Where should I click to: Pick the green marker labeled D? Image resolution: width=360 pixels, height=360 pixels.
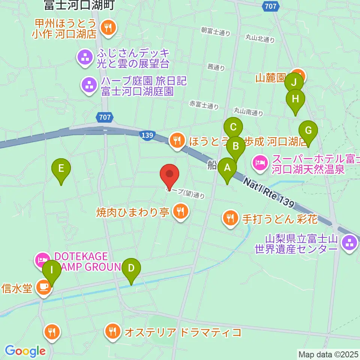coord(131,269)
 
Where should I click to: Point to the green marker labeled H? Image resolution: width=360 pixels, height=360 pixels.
coord(295,100)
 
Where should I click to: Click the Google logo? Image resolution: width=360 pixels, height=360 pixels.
coord(25,351)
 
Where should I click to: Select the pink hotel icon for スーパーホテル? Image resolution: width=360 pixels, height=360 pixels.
coord(260,162)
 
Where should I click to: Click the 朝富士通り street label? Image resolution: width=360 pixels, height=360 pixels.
coord(215,32)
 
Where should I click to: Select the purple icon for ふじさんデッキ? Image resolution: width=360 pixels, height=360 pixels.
coord(84,57)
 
